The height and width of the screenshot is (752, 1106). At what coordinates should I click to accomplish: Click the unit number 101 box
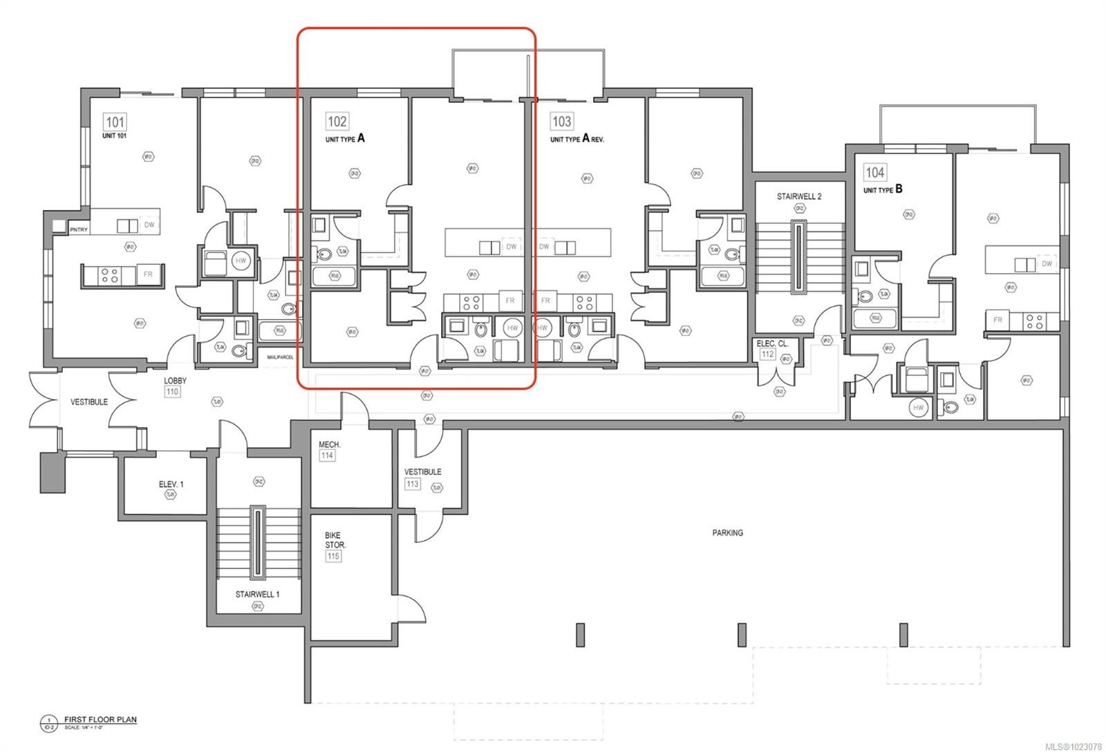[115, 122]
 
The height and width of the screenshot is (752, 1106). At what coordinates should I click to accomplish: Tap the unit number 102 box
[337, 122]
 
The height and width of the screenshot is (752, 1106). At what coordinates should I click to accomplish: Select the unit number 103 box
[561, 122]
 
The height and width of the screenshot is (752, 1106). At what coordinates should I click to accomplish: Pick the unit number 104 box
[874, 172]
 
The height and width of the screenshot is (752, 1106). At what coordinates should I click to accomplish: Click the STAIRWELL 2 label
[798, 196]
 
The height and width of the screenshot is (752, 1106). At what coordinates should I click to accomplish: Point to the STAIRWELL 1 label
[257, 594]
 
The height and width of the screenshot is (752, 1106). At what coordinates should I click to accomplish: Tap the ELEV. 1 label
[171, 485]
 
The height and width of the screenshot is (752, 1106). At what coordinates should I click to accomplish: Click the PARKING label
[727, 533]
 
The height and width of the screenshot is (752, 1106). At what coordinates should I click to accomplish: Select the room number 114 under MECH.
[327, 456]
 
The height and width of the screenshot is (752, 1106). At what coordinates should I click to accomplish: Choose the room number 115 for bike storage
[334, 556]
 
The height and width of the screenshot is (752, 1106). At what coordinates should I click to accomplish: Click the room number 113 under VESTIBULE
[413, 484]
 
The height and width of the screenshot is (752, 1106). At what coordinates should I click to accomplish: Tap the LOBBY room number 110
[173, 392]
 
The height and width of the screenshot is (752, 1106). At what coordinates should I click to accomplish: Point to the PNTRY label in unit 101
[79, 229]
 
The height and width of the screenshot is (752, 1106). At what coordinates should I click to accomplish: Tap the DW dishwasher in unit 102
[511, 247]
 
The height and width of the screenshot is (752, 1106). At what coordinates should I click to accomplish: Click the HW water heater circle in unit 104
[918, 408]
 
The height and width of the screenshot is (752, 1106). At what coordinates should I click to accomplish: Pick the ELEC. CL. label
[773, 344]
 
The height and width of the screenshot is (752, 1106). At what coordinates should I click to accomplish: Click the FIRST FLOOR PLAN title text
[100, 720]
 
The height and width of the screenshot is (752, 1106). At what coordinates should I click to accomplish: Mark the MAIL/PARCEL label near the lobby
[281, 357]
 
